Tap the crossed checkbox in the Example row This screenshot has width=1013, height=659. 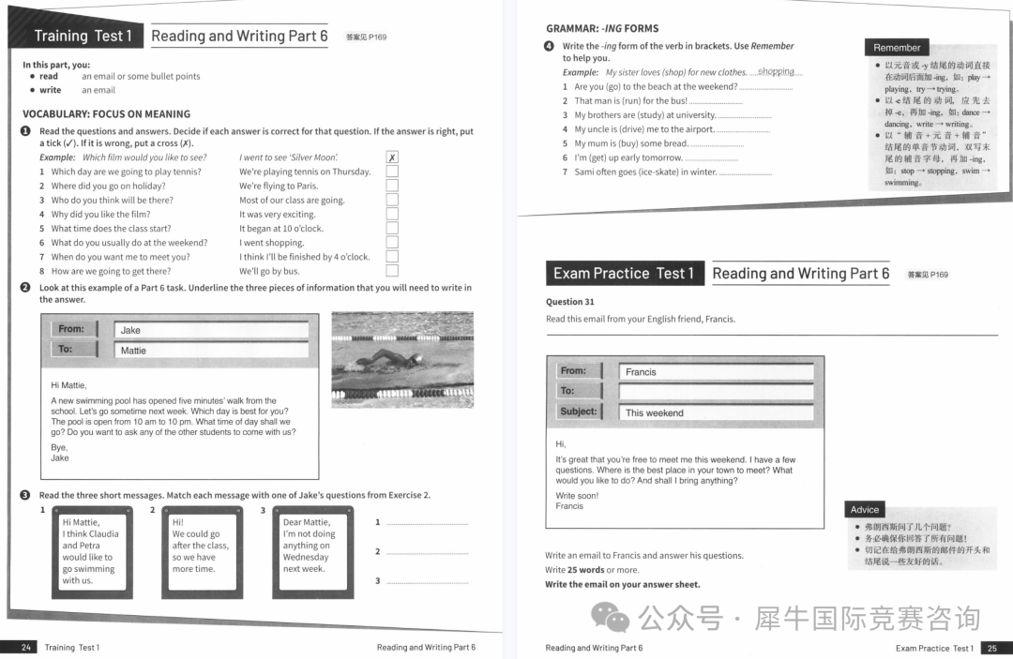pyautogui.click(x=392, y=157)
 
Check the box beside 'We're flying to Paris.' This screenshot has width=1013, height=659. pyautogui.click(x=392, y=186)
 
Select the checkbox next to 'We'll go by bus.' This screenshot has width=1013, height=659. pyautogui.click(x=392, y=271)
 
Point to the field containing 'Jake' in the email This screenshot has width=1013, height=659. pyautogui.click(x=211, y=330)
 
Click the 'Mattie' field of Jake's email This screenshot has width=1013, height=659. pyautogui.click(x=211, y=351)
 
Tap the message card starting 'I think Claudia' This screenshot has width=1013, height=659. pyautogui.click(x=92, y=551)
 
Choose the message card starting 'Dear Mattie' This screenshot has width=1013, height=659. pyautogui.click(x=312, y=551)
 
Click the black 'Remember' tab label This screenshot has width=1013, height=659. pyautogui.click(x=897, y=48)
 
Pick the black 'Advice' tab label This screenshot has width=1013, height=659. pyautogui.click(x=865, y=510)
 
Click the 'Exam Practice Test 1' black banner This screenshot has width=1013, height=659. pyautogui.click(x=624, y=274)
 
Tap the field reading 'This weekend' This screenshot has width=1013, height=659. pyautogui.click(x=715, y=412)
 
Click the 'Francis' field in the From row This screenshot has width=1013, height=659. pyautogui.click(x=715, y=371)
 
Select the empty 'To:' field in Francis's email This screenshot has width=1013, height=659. pyautogui.click(x=715, y=392)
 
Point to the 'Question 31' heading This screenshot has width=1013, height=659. pyautogui.click(x=570, y=302)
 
